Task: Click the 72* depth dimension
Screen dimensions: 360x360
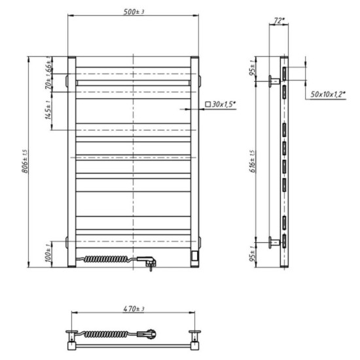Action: coord(279,20)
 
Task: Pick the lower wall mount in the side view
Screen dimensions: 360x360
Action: coord(274,242)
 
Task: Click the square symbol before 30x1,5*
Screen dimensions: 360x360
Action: coord(207,104)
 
